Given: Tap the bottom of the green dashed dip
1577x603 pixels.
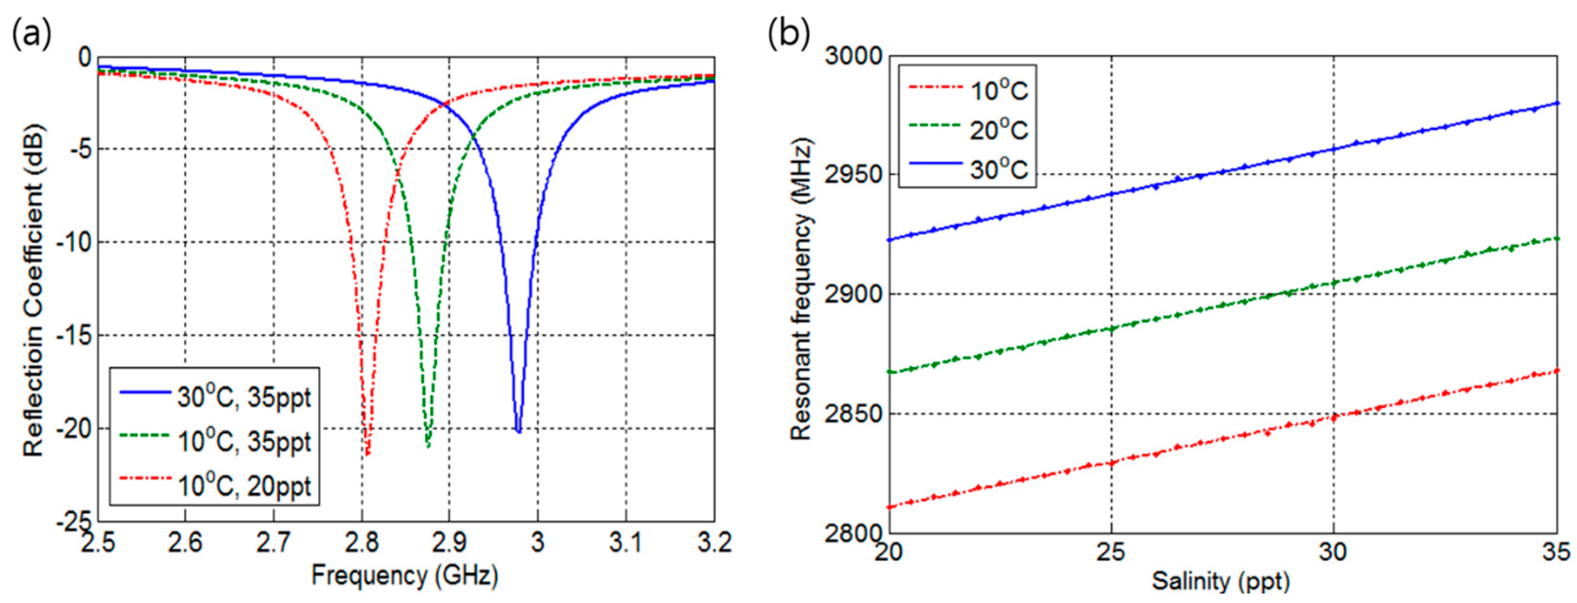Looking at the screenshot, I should coord(428,445).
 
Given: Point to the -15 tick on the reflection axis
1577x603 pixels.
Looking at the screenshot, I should coord(74,336).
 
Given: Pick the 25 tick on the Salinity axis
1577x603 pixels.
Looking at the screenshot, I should coord(1110,552).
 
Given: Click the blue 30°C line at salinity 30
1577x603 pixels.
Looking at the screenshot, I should coord(1333,148).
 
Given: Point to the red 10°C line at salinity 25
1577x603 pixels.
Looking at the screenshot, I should coord(1110,463).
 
